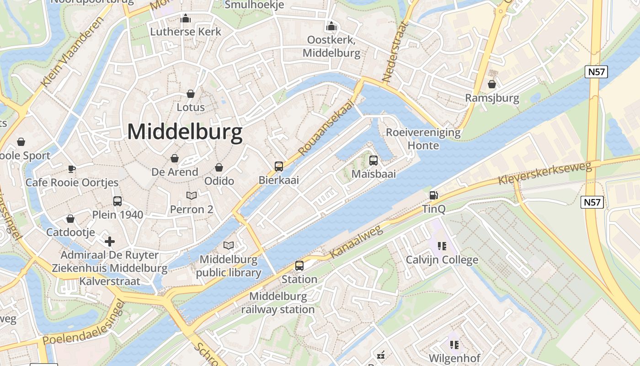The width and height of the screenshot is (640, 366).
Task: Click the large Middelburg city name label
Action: click(185, 132)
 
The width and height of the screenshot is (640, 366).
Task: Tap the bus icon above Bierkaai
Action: click(279, 166)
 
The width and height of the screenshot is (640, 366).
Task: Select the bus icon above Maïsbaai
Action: click(373, 160)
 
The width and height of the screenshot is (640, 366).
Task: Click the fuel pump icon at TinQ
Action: click(433, 195)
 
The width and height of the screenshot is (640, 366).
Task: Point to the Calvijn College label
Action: click(442, 260)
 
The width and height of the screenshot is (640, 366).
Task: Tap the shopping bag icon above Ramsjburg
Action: click(492, 84)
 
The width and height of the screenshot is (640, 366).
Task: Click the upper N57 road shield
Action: click(596, 71)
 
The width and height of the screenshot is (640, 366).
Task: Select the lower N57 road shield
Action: click(592, 202)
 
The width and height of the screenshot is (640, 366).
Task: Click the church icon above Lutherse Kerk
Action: click(186, 18)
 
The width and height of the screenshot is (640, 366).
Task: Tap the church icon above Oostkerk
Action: click(331, 26)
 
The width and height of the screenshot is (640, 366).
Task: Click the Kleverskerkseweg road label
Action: click(544, 173)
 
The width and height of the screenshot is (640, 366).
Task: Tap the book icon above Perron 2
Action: click(192, 195)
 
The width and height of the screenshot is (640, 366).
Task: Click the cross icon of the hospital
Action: click(110, 241)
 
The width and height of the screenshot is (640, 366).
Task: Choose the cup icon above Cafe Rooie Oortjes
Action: click(72, 169)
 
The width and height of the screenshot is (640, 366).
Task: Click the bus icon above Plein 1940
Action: click(117, 201)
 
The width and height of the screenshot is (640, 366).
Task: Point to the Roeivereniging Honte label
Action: click(423, 139)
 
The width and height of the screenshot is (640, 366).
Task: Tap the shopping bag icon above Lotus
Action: click(191, 94)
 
